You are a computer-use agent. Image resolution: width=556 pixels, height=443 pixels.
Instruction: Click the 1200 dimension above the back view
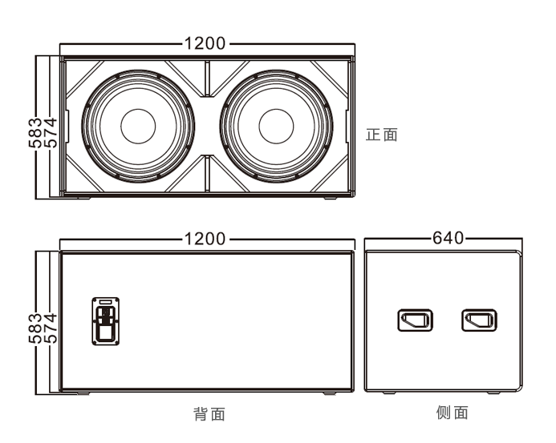205,239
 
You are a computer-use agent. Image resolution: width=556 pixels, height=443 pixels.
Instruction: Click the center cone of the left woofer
138,126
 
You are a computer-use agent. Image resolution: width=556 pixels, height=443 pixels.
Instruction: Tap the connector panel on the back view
105,320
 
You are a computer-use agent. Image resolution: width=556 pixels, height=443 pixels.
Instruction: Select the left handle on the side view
415,321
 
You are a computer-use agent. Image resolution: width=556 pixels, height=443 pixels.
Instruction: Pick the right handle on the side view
479,321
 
